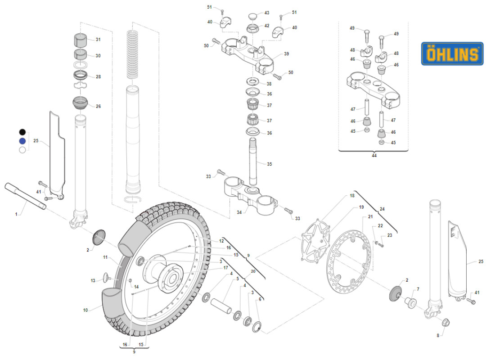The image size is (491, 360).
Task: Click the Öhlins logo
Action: point(452,54)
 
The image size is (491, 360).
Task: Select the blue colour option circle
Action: point(22,141)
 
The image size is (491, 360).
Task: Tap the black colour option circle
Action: point(22,132)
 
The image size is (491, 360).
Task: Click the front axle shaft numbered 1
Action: point(25,196)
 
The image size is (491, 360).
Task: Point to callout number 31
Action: point(98,40)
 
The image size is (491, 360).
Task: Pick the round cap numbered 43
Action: point(253,15)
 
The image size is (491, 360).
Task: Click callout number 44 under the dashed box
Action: point(374,155)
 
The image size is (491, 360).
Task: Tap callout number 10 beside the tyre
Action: point(86,310)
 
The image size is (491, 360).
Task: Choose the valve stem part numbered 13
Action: point(105,278)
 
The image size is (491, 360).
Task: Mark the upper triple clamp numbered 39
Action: point(250,56)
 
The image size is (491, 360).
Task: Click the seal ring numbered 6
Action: point(258,327)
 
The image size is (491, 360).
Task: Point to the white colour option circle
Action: point(22,150)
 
